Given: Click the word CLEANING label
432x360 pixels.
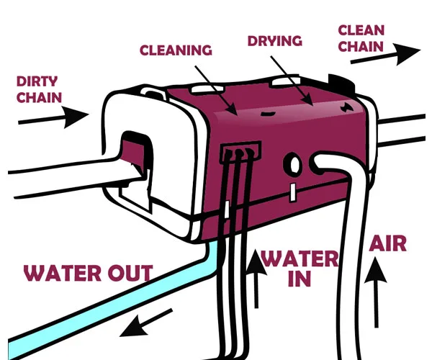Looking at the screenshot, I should click(176, 50).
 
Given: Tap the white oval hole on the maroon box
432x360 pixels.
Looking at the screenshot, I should click(293, 165).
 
